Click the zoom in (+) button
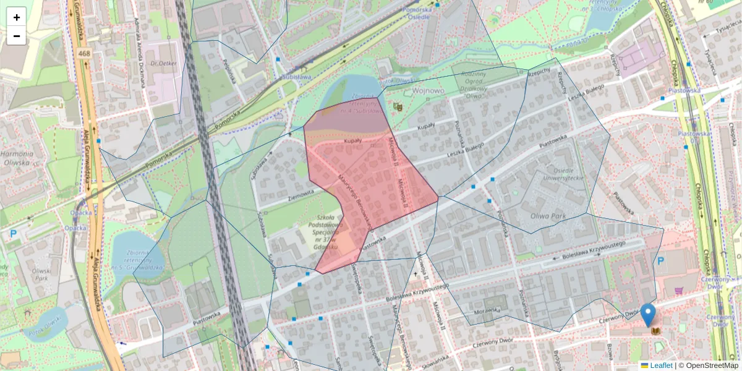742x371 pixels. (17, 17)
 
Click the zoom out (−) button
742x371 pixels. (17, 36)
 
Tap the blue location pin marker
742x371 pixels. (647, 315)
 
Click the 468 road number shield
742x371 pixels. (85, 54)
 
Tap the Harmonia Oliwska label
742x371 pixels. (17, 158)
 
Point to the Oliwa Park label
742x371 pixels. (548, 216)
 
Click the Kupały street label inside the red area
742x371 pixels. (352, 142)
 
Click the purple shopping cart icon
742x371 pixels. (679, 289)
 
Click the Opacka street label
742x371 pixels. (81, 212)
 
